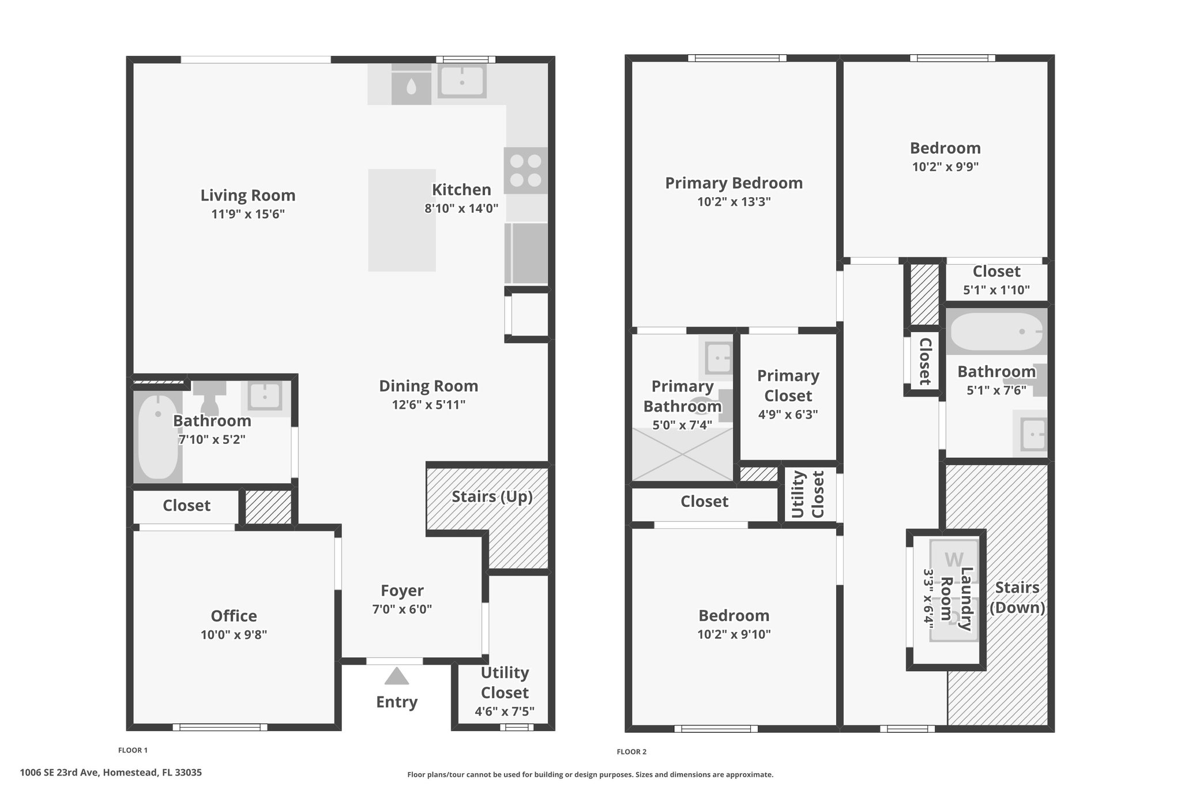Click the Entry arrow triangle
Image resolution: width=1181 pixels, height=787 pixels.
point(396,676)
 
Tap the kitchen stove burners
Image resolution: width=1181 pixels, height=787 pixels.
point(526,171)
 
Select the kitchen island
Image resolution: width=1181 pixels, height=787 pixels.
point(402,220)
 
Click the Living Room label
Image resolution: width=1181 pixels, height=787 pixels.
point(248,195)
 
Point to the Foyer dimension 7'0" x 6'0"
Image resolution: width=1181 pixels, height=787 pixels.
point(402,609)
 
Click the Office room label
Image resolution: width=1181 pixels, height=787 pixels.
point(234,616)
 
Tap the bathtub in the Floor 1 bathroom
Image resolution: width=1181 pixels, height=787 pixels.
point(158,436)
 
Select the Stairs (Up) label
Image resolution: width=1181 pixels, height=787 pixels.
point(492,497)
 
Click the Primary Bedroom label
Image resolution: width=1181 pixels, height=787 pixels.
point(734,183)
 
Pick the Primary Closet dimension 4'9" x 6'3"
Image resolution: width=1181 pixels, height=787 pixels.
point(788,415)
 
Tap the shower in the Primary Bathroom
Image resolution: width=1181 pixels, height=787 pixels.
point(683,454)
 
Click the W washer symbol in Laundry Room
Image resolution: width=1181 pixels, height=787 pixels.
point(954,560)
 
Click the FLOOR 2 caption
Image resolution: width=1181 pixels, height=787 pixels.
point(631,752)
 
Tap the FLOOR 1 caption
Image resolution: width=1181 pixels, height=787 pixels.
point(133,751)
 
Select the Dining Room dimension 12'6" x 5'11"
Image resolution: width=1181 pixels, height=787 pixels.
point(428,405)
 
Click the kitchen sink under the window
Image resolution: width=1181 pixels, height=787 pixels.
point(462,81)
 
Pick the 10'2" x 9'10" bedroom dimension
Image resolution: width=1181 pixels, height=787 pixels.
point(734,635)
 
